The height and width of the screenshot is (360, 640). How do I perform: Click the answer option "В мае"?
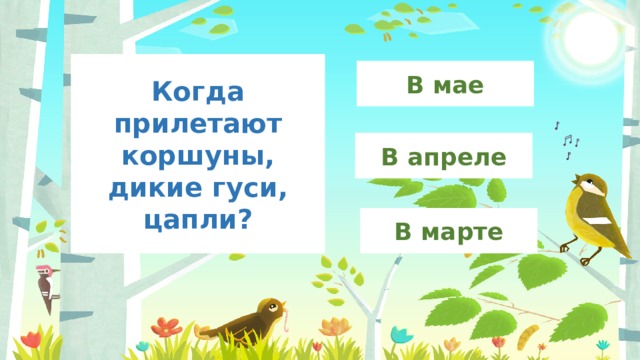click(445, 84)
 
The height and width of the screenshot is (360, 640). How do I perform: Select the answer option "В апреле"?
click(445, 156)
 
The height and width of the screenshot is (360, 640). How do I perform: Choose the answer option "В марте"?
click(448, 232)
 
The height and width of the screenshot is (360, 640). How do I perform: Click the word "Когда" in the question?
click(199, 93)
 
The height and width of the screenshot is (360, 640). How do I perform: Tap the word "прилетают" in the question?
click(199, 126)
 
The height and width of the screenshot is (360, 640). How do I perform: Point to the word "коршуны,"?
click(198, 158)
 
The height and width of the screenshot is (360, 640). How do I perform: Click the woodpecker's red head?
click(42, 271)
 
